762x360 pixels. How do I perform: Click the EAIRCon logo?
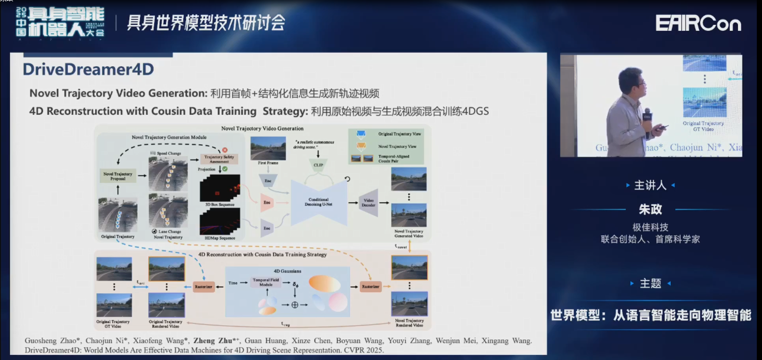click(698, 23)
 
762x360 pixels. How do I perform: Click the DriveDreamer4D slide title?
click(88, 69)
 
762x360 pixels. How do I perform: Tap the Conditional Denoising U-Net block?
click(319, 202)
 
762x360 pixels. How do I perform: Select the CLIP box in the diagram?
click(318, 165)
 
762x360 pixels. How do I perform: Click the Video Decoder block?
click(368, 203)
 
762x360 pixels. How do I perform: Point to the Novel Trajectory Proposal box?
click(118, 176)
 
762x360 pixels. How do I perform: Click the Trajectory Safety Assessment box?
click(219, 159)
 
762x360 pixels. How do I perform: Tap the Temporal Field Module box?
click(266, 282)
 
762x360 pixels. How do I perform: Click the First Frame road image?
click(268, 149)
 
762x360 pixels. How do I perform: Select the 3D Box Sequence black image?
click(220, 188)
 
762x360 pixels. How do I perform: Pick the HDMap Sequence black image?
click(220, 221)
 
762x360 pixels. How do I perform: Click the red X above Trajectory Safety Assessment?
click(225, 150)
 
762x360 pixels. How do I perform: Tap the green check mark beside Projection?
click(225, 169)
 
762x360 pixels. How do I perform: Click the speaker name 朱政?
click(650, 210)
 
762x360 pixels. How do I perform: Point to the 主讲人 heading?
click(650, 185)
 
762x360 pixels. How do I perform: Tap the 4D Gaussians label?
click(287, 271)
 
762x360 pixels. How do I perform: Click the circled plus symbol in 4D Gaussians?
click(295, 305)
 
